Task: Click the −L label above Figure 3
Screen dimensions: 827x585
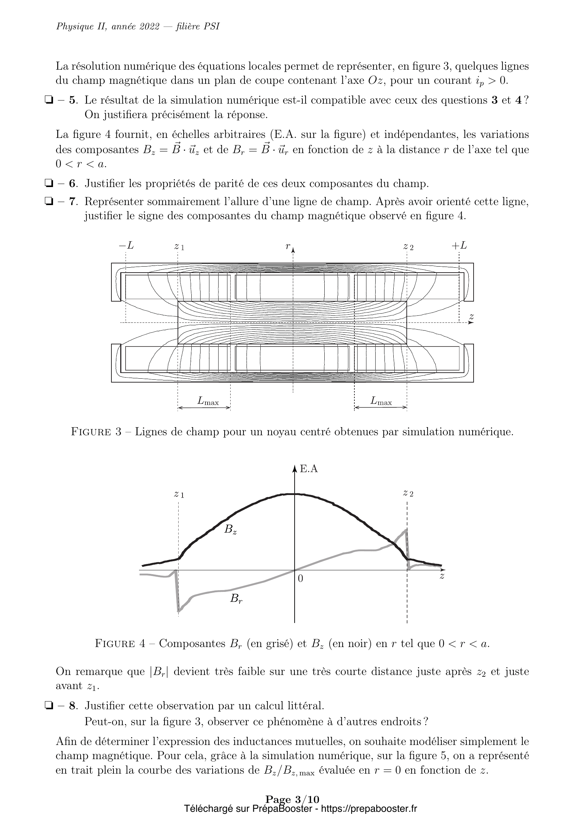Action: coord(126,246)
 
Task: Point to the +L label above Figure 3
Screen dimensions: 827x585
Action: coord(459,246)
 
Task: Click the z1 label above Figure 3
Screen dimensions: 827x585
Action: coord(179,247)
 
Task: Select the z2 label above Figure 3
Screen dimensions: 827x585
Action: coord(408,247)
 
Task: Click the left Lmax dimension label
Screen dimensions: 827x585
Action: coord(208,401)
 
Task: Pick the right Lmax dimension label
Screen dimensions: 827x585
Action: coord(381,401)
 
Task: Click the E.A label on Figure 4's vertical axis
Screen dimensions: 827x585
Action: coord(309,469)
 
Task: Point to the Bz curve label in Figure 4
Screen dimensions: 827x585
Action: coord(230,530)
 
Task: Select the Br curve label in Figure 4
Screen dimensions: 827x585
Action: coord(236,599)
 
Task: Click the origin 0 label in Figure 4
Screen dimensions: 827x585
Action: coord(300,578)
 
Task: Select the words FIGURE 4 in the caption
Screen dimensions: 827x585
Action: coord(120,643)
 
